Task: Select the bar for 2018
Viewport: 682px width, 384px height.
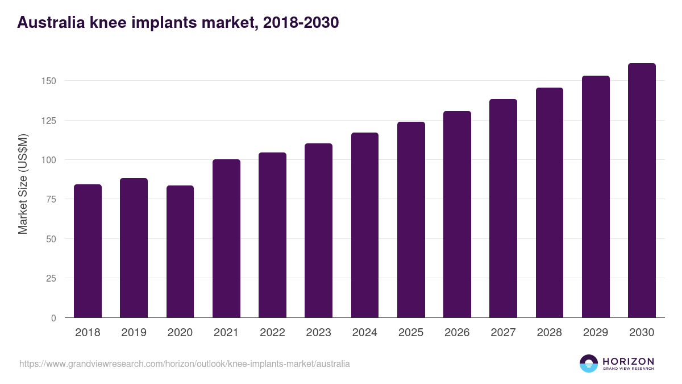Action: click(88, 251)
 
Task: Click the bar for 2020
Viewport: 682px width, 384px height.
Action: click(180, 251)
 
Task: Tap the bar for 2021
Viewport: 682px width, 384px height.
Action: click(226, 238)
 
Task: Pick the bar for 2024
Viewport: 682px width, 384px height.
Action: click(365, 225)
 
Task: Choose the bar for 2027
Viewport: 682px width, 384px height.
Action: click(503, 208)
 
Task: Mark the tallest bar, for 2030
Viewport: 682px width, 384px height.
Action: click(642, 191)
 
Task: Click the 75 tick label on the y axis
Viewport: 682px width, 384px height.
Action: click(51, 199)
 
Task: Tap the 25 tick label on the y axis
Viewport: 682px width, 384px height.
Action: click(51, 278)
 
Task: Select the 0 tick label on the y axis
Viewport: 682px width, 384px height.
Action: click(53, 318)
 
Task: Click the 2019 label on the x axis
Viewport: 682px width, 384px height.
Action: click(134, 333)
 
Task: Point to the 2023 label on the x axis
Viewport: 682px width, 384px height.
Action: click(318, 333)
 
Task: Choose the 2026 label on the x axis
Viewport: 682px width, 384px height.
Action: click(457, 333)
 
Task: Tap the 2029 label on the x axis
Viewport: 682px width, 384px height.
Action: click(596, 333)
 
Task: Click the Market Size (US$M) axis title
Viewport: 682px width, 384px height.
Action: click(23, 184)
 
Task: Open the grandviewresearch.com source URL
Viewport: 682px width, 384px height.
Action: click(185, 364)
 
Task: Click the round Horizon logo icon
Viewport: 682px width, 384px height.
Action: click(589, 364)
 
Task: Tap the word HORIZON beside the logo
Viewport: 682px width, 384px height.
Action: click(628, 361)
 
